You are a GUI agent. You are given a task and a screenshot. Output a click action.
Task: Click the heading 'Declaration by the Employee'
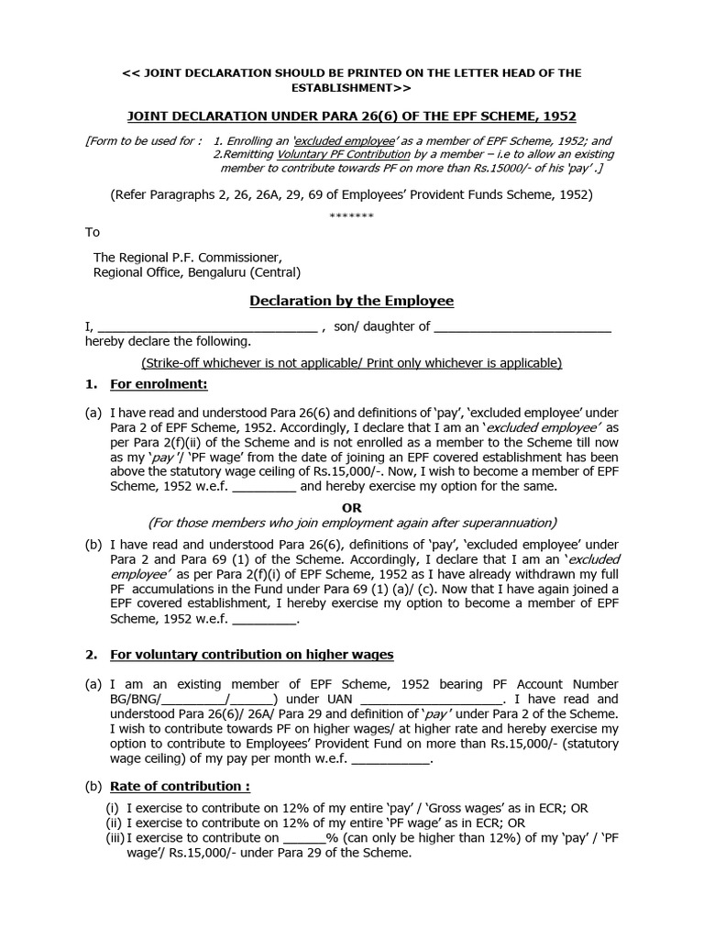[x=352, y=301]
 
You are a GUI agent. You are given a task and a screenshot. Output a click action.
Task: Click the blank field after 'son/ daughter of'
[x=522, y=327]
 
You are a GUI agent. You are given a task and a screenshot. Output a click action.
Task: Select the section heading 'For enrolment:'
[x=159, y=384]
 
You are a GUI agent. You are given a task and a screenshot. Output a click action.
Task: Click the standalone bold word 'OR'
[x=352, y=507]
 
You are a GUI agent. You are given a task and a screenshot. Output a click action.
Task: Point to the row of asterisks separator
[x=352, y=215]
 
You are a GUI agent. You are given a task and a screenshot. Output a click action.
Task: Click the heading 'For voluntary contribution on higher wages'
[x=252, y=655]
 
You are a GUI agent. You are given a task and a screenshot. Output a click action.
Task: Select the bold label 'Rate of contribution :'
[x=180, y=787]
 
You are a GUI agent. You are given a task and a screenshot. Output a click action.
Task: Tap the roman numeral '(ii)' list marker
[x=115, y=823]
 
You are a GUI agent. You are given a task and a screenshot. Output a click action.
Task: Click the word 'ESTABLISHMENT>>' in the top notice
[x=352, y=88]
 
